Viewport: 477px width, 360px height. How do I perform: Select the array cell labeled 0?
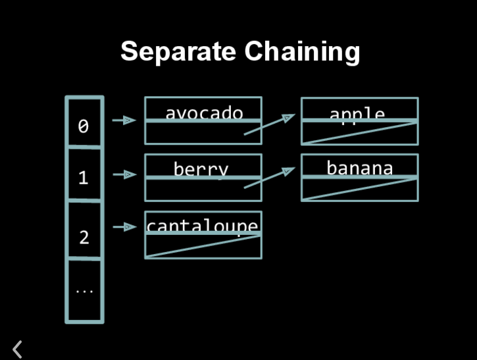pos(84,125)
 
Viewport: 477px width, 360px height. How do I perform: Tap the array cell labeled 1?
pos(84,176)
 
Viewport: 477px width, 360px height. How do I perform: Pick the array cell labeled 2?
pos(84,236)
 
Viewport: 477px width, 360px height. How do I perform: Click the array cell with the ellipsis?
pos(84,290)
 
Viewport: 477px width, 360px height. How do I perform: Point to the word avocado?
pos(203,113)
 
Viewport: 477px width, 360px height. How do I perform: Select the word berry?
pos(201,168)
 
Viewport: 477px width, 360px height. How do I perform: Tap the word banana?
pos(359,168)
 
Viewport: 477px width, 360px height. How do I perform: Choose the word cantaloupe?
pos(203,226)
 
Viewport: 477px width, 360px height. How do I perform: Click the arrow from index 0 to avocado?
pos(124,120)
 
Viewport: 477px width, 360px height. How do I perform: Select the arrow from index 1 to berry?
pos(124,174)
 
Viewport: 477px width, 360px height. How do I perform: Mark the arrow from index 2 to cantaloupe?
pos(124,227)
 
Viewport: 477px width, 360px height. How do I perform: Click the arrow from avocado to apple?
pos(269,124)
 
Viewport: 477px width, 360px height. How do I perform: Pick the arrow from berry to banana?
pos(269,178)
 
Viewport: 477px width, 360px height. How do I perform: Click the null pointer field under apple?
pos(359,133)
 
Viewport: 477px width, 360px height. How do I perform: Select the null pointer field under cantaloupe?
pos(203,246)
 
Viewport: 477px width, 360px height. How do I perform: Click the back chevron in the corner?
pos(18,349)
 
